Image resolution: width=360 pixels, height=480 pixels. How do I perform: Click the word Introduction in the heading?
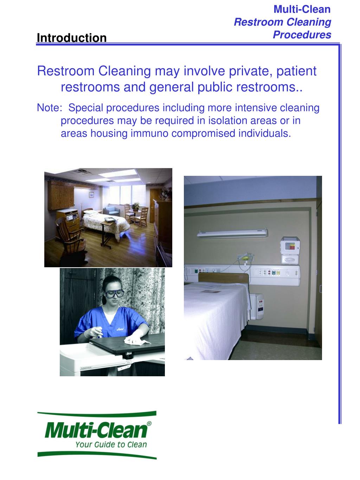pos(71,38)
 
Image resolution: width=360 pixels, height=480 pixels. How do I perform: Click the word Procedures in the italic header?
pos(302,35)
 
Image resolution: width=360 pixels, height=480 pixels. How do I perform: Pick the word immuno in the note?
pos(150,134)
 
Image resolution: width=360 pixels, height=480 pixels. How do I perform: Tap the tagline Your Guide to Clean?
pos(111,444)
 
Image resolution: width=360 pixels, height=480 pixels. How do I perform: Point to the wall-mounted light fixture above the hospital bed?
pos(232,233)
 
